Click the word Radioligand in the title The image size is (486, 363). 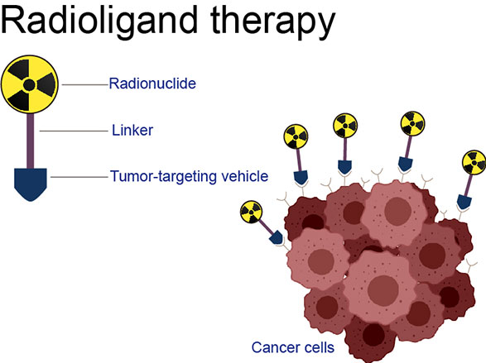tap(99, 21)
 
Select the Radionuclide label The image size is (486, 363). tap(152, 84)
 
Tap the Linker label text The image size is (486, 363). tap(132, 131)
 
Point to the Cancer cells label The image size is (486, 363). tap(293, 347)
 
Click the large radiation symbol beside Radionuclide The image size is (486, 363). tap(30, 84)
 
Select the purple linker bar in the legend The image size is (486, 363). tap(30, 141)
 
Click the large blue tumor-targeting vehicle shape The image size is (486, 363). tap(31, 184)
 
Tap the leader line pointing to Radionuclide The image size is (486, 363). tap(85, 84)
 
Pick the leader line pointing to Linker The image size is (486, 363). tap(74, 131)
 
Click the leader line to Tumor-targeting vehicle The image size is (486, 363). tap(79, 177)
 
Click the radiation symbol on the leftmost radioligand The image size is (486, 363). tap(251, 212)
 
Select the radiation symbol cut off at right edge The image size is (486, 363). tap(474, 163)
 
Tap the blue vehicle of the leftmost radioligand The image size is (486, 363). tap(277, 237)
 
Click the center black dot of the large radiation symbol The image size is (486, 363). tap(29, 85)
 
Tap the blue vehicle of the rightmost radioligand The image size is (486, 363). tap(464, 202)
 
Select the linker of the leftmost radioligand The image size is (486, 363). tap(267, 227)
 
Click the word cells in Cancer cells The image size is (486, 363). tap(320, 347)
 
